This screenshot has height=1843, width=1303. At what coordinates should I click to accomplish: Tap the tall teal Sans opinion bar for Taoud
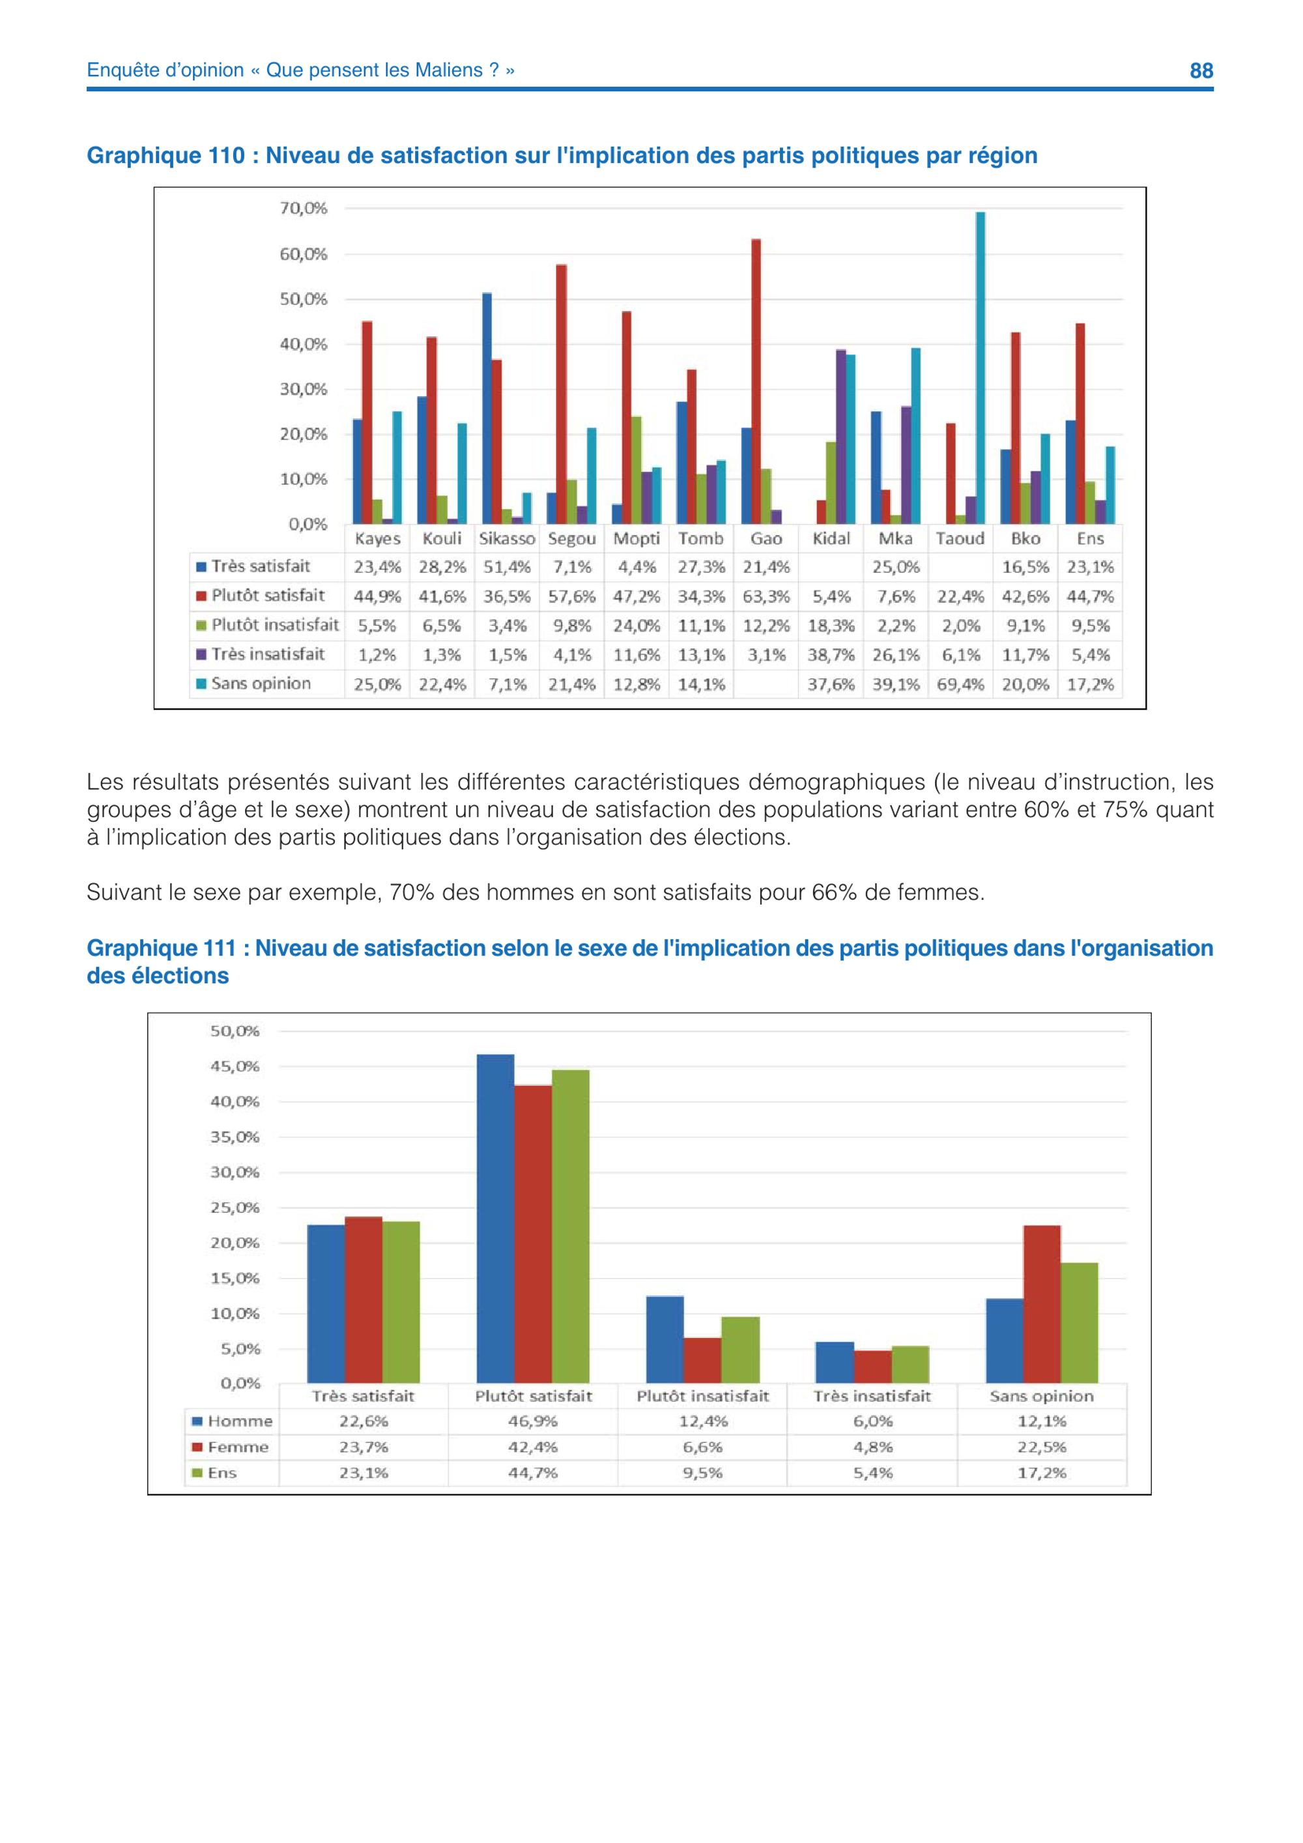pos(980,368)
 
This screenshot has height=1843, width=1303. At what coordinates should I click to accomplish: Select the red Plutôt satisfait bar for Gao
pos(756,381)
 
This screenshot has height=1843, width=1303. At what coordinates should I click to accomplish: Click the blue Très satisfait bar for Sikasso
pos(487,409)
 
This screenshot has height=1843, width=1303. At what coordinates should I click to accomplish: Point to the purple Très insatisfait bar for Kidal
pos(841,437)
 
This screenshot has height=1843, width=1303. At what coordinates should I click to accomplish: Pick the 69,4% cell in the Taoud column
pos(960,685)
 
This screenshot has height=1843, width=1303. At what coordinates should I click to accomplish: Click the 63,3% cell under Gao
pos(766,596)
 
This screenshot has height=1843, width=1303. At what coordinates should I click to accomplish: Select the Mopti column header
pos(637,538)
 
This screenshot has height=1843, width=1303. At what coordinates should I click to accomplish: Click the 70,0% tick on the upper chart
pos(304,209)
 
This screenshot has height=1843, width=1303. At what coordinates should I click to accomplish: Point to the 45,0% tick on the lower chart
pos(235,1067)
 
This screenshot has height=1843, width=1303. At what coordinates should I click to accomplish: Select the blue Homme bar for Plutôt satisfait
pos(495,1219)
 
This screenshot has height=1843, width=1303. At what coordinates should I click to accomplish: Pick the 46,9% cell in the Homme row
pos(533,1421)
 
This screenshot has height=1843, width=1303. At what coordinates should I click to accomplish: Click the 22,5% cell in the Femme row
pos(1042,1447)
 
